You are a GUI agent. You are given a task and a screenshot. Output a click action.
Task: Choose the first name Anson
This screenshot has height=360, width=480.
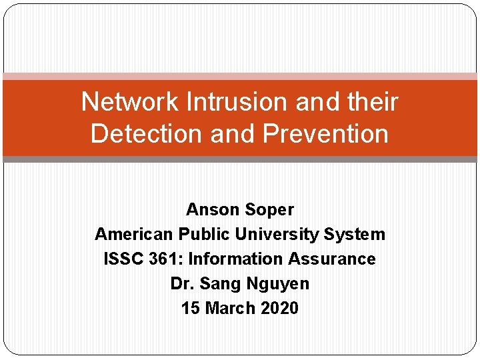tap(209, 209)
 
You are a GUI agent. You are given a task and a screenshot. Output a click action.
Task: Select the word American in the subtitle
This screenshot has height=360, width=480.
tap(133, 234)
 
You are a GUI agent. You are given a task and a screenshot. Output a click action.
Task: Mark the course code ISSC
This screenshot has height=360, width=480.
tap(124, 259)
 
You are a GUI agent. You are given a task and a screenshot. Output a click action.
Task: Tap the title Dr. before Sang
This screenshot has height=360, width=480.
tap(181, 283)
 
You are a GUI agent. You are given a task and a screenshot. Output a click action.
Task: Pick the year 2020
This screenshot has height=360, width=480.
tap(279, 308)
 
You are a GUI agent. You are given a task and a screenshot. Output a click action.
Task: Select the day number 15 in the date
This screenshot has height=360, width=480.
tap(191, 308)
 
